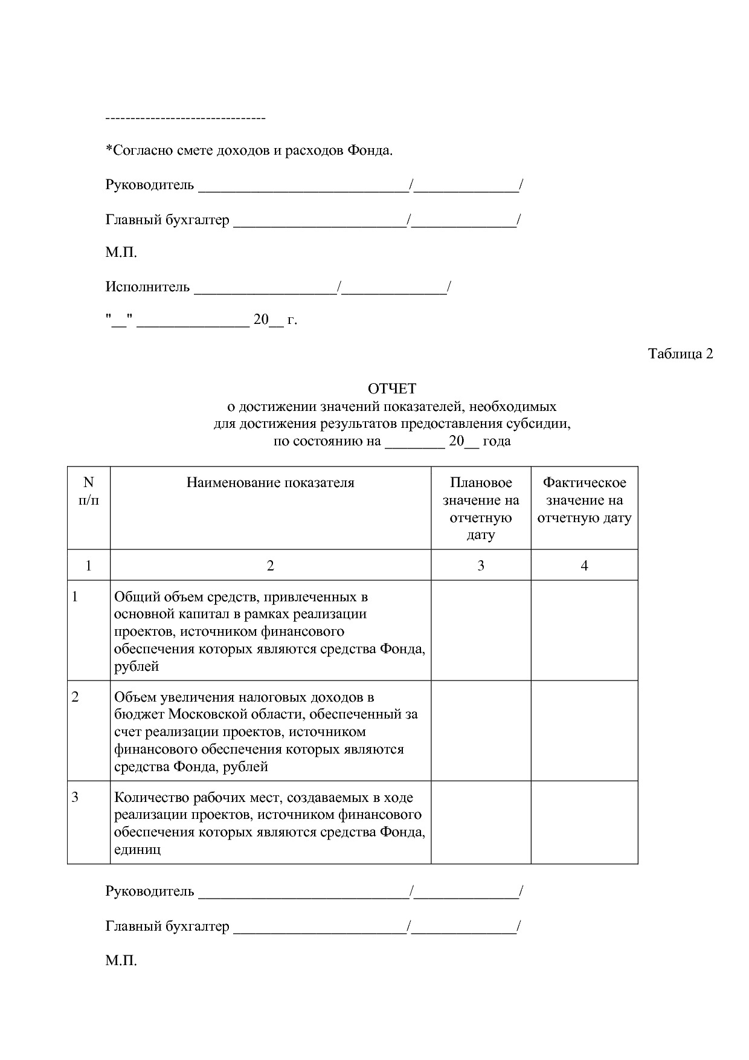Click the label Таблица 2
680,354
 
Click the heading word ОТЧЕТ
392,389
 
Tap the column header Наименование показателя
270,482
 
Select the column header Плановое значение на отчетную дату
481,508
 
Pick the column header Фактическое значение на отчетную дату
584,500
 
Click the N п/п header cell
89,491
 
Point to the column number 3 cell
481,566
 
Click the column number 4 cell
584,566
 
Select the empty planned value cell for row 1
481,630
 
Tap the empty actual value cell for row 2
584,731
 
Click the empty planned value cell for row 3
481,822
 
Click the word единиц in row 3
138,849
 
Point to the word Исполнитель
147,286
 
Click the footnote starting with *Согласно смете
249,150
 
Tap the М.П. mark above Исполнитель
121,253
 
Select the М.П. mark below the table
121,960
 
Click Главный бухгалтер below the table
167,926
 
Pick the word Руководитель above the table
150,184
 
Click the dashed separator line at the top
185,117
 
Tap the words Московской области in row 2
237,714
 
